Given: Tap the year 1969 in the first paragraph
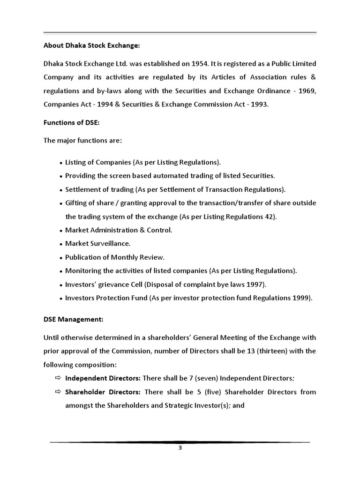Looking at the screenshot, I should tap(307, 91).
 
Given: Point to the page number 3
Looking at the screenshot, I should tap(180, 448).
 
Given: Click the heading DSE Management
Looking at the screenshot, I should tap(73, 320).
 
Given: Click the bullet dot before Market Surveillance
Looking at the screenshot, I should tap(61, 244).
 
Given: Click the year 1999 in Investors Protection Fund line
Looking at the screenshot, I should tap(302, 298).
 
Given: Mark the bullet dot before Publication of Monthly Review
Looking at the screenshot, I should tap(61, 258).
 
